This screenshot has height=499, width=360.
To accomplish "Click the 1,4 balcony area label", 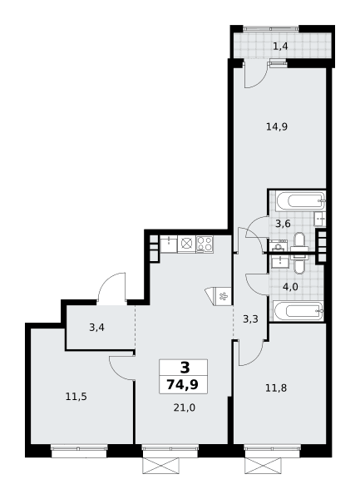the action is coord(280,47).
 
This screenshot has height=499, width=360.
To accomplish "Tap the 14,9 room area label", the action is coord(277,127).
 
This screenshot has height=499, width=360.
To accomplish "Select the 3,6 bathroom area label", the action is coord(283,224).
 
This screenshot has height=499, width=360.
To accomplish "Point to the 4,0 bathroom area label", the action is coord(290,287).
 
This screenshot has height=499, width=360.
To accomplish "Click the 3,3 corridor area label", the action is coord(250,319).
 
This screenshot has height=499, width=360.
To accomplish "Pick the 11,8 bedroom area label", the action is coord(276,388).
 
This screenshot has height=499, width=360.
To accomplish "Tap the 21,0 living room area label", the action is coord(185,408).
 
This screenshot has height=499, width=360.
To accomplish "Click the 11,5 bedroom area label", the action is coord(76,397).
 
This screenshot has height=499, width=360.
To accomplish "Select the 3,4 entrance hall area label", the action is coord(96,328).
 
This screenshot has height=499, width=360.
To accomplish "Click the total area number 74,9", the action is coord(183,385).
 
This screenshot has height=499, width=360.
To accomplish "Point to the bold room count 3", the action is coord(185,368).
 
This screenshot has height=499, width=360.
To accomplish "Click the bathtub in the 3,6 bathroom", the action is coord(300,200).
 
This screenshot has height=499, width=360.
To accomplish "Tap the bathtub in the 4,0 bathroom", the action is coord(298,311).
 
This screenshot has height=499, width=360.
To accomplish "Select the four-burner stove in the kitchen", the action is coord(205,244).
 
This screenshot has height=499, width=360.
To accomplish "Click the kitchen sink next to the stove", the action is coord(169,244).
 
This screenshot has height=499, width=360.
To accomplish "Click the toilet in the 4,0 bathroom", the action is coord(299,264).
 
